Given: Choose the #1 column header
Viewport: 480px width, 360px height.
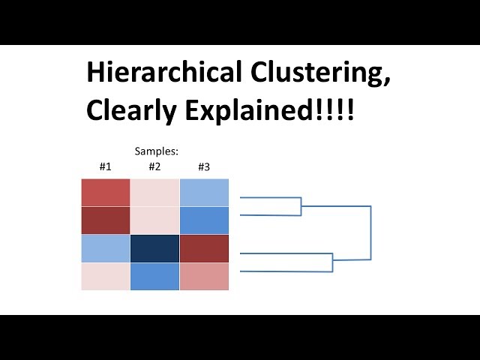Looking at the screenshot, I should pos(105,166).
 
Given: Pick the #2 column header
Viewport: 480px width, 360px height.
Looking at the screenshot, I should pos(154,166).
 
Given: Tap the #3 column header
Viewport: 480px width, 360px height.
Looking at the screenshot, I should pos(203,166).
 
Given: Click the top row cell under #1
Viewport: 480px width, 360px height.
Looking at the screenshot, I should pos(105,193).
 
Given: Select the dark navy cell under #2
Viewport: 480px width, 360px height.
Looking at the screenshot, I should pos(154,248).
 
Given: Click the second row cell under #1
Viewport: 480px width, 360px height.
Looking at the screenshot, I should pos(105,220).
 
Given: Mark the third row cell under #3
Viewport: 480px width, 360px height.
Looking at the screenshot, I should pos(204,248).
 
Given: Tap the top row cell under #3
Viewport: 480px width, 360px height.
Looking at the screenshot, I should pos(204,193).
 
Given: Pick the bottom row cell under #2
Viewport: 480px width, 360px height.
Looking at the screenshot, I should pos(154,276).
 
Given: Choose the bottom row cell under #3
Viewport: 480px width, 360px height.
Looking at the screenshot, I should pos(204,276).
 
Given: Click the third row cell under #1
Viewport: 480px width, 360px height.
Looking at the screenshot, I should pos(105,248).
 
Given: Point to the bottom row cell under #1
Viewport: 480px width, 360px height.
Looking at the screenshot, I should pos(105,276).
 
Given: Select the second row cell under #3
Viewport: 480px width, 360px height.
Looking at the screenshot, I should pos(204,220).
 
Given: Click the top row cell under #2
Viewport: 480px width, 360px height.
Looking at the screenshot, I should pos(154,193).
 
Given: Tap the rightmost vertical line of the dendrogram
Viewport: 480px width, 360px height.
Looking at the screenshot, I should pos(370,232).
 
